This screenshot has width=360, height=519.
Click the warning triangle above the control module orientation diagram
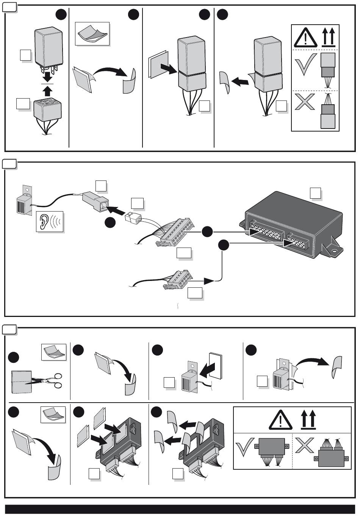(281, 420)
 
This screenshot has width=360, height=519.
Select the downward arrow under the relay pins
(47, 77)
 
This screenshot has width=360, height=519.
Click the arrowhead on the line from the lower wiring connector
(208, 281)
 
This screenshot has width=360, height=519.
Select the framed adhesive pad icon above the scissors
(53, 352)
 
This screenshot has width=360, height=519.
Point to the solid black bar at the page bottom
(180, 509)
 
